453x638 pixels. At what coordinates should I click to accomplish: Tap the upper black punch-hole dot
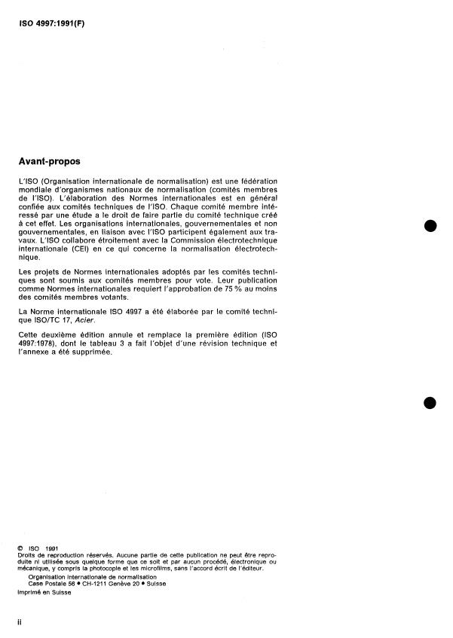coord(430,227)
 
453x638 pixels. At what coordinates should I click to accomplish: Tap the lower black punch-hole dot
coord(430,402)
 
